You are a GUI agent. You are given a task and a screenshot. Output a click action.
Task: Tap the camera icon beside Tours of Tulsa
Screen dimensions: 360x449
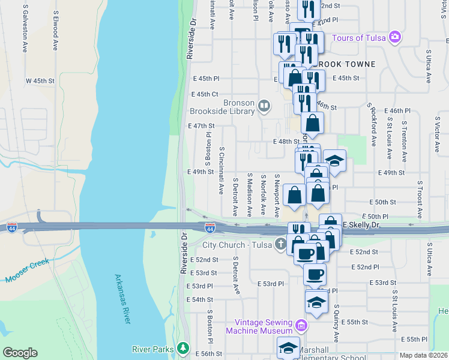[394, 37]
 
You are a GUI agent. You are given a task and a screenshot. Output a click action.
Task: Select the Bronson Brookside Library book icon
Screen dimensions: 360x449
[264, 107]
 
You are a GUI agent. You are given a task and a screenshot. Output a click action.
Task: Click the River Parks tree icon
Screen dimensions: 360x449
[183, 349]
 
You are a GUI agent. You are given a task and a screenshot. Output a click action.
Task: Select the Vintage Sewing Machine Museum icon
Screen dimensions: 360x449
[301, 326]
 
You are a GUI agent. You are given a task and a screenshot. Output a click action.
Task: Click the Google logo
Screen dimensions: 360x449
[20, 353]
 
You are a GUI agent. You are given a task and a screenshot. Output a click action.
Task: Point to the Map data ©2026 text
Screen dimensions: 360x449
[424, 355]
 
